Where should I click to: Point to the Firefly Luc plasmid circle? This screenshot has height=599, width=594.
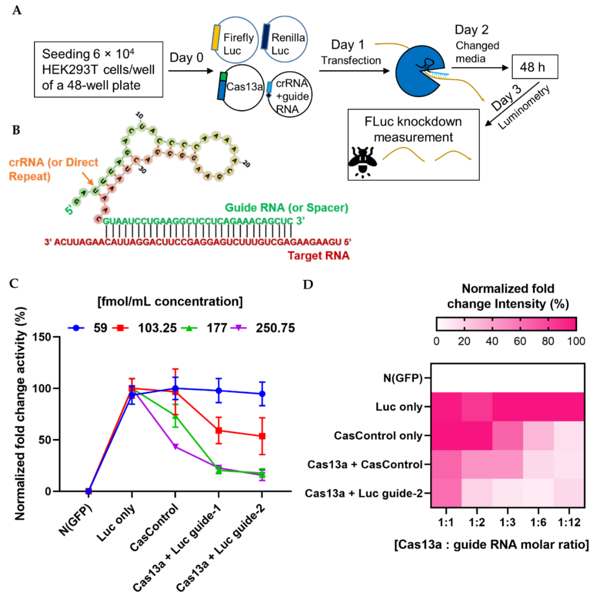236,40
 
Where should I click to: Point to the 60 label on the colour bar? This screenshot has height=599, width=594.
520,341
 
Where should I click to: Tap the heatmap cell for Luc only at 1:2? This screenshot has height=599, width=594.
477,406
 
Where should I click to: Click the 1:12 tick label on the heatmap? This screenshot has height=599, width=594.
569,523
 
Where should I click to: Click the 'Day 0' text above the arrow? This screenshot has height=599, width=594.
186,58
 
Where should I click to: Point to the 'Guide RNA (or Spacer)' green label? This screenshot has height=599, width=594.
286,207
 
